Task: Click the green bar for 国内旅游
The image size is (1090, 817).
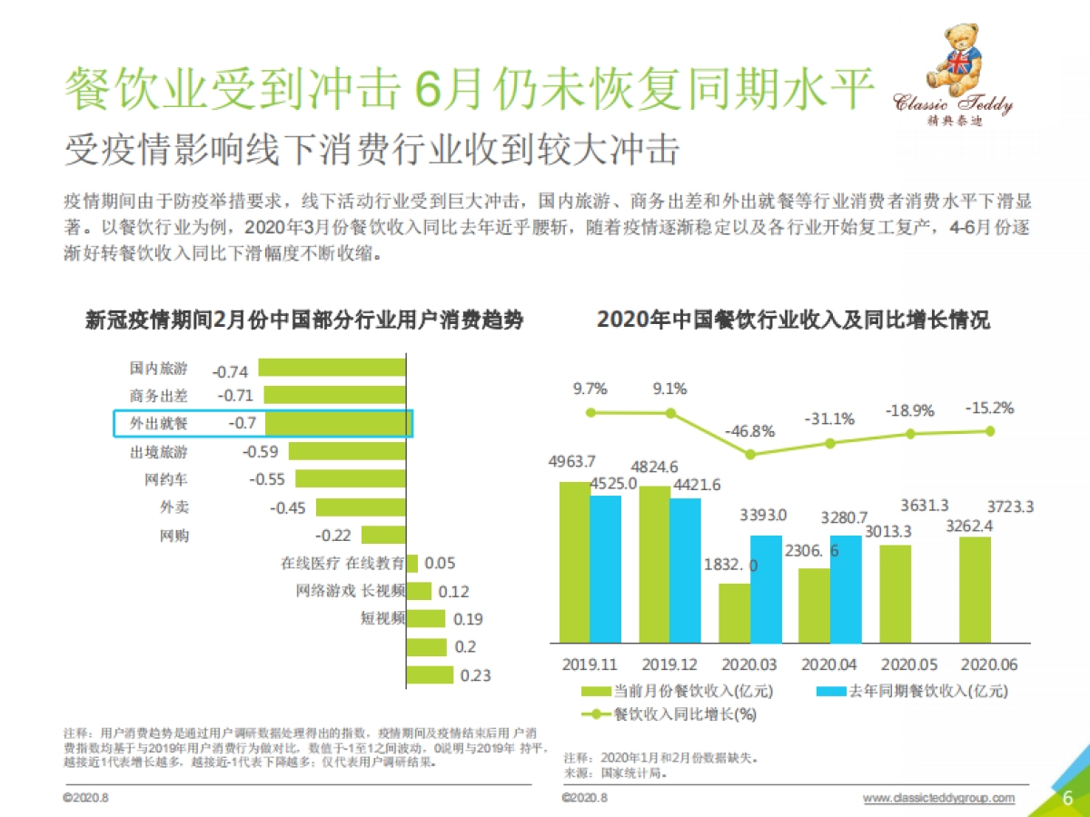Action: click(331, 369)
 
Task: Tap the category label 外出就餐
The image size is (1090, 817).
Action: click(159, 424)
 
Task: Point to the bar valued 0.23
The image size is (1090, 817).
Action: click(429, 674)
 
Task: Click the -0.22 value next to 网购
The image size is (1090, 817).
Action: click(332, 536)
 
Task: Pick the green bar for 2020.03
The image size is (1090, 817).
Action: click(734, 613)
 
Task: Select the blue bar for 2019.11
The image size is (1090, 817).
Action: click(605, 568)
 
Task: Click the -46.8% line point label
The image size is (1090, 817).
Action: click(750, 431)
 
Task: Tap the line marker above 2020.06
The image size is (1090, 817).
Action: click(990, 431)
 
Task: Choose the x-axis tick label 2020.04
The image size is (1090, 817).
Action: click(829, 664)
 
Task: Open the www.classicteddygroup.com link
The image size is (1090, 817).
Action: click(937, 798)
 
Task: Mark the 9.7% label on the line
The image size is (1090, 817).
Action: click(590, 389)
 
